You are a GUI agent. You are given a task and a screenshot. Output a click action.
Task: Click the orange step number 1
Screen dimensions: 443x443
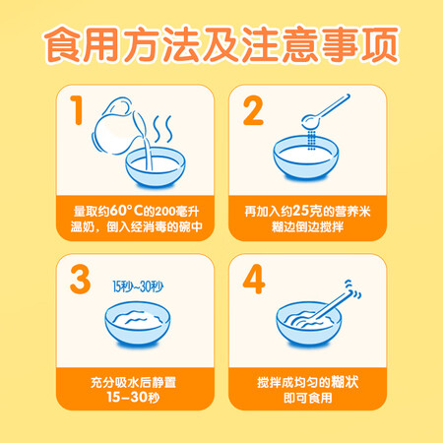[77, 110]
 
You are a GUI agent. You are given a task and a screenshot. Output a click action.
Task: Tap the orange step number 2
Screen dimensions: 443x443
[253, 110]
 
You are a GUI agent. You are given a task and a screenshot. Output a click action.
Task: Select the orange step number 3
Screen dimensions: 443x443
[80, 280]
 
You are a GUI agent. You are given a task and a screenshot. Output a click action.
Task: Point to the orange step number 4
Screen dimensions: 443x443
[254, 280]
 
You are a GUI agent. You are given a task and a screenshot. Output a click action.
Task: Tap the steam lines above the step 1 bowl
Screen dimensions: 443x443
[163, 129]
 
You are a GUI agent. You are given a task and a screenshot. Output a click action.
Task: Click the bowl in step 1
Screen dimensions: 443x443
[156, 168]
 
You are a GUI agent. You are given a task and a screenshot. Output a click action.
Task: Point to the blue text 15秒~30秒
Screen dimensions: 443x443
[138, 286]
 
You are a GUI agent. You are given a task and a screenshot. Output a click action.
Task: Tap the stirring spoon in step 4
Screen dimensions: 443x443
[328, 305]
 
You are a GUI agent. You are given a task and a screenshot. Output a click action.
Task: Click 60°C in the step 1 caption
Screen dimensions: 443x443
[126, 211]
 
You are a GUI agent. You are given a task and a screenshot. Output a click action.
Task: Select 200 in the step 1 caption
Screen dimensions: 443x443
[165, 212]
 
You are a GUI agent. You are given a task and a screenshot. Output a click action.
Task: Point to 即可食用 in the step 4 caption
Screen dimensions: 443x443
[308, 398]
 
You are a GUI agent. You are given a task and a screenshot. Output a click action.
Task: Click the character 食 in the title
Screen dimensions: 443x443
[63, 44]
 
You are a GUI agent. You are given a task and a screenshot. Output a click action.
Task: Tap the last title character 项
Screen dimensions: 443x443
[380, 44]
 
